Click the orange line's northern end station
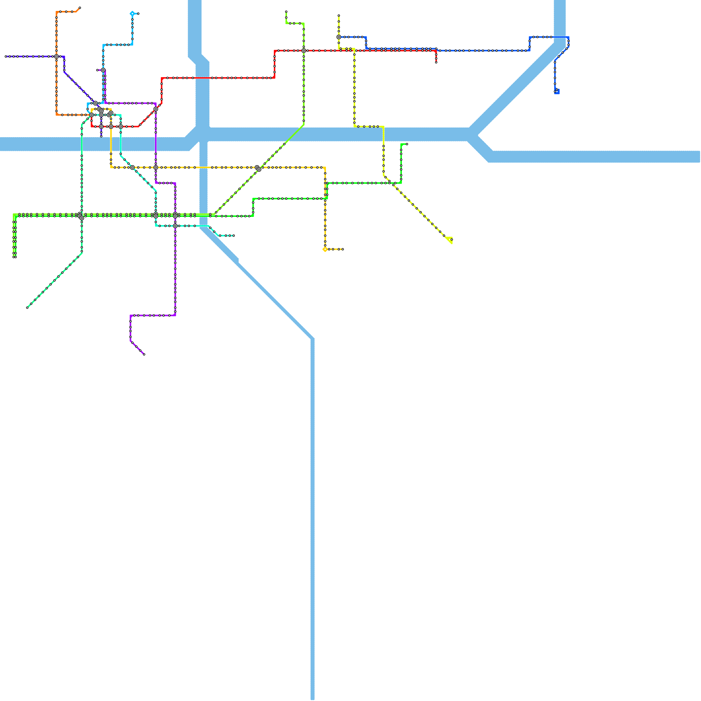point(80,8)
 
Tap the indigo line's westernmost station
point(6,57)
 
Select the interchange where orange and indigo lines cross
point(57,57)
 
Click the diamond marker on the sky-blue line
point(132,14)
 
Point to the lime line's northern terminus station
point(286,12)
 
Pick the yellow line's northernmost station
point(339,16)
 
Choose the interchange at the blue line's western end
point(339,37)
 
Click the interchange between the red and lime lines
point(304,51)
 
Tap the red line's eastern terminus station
point(436,62)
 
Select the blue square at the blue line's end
point(557,92)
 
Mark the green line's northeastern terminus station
point(407,144)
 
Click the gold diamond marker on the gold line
point(325,249)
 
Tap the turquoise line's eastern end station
point(234,236)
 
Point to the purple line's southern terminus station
point(144,354)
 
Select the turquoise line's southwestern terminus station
point(27,308)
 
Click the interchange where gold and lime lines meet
point(258,168)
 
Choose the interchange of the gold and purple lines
point(156,167)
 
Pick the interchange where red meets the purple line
point(156,109)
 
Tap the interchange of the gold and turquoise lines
point(132,167)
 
